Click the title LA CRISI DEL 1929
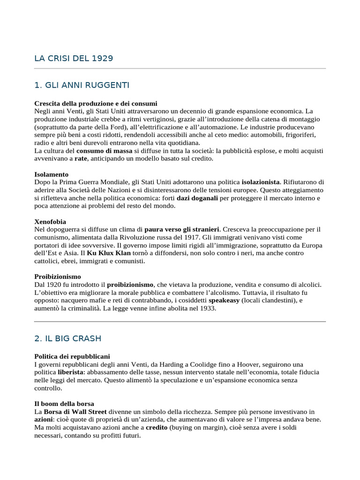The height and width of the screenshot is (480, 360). tap(74, 59)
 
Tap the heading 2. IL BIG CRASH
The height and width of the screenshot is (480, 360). tap(67, 338)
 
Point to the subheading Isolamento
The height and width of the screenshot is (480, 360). tap(52, 174)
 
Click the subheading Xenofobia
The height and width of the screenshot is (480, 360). tap(50, 221)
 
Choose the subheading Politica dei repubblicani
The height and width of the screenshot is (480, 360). tap(72, 356)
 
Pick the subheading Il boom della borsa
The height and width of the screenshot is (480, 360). tap(64, 404)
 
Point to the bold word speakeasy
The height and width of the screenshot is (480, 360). tap(224, 301)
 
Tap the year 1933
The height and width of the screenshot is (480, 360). tap(207, 308)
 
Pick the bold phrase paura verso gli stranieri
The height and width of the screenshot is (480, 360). tap(182, 230)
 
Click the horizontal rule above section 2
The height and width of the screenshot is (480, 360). tap(180, 322)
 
